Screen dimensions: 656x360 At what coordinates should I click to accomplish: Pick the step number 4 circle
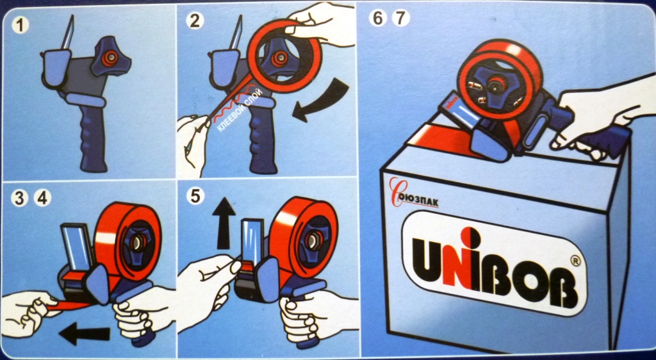coord(42,198)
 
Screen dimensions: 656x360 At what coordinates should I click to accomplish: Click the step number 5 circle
coord(195,195)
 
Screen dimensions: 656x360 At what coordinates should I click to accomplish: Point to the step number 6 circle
coord(378,19)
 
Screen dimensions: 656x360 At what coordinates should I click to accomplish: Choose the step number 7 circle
coord(401,19)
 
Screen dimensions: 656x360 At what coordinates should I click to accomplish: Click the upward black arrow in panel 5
coord(224,223)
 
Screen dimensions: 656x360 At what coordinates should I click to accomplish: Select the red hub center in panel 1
coord(110,58)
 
